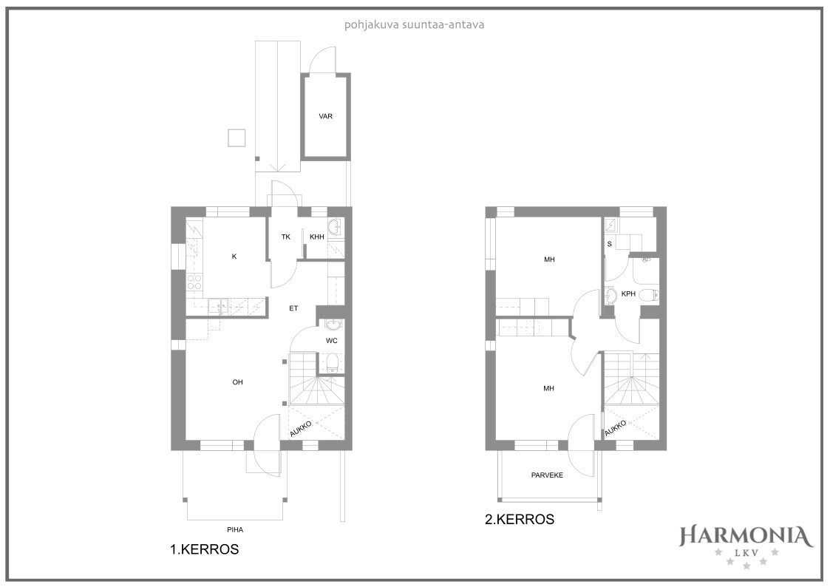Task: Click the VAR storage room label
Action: [325, 117]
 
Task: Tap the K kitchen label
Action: [234, 257]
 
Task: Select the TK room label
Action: [286, 237]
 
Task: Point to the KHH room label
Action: [317, 237]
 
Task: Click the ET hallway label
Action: [293, 308]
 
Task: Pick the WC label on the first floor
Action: [331, 340]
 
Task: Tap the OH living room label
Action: [238, 382]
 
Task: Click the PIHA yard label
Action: [234, 529]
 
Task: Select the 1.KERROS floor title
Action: [204, 549]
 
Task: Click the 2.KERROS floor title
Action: [520, 519]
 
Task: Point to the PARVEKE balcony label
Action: [548, 475]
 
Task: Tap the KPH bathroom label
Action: [628, 293]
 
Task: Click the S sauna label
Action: [610, 244]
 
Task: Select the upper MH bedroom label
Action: [549, 260]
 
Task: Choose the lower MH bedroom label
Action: [549, 389]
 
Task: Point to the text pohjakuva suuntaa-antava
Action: [415, 25]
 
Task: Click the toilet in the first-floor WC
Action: [333, 363]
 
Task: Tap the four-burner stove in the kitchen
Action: [195, 282]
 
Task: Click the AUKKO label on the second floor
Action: [616, 427]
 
